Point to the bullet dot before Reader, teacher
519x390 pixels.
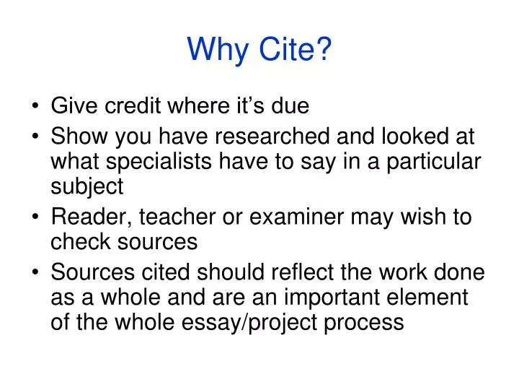pyautogui.click(x=37, y=217)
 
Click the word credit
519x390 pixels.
pyautogui.click(x=132, y=106)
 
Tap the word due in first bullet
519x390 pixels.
pyautogui.click(x=290, y=106)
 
